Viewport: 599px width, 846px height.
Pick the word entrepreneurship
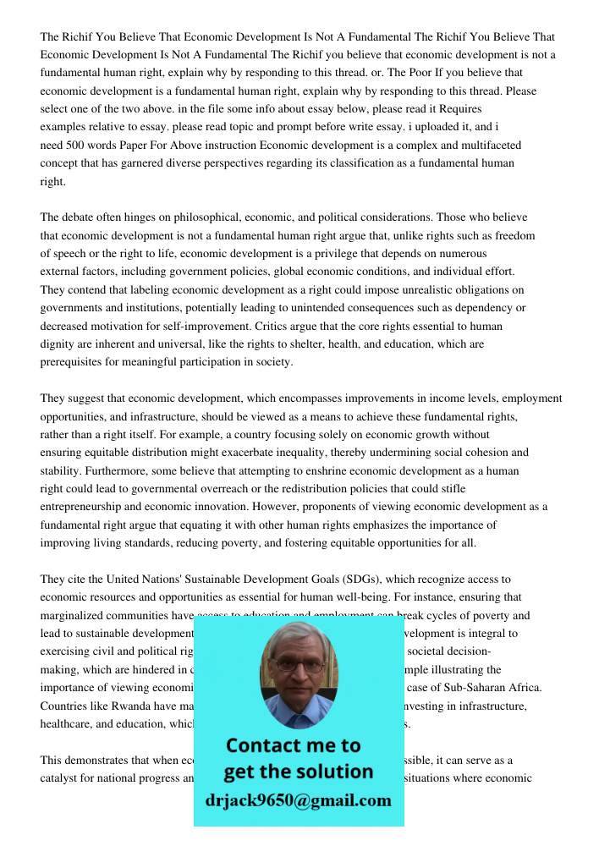pos(85,507)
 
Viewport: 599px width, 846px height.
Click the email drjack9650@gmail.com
pos(299,800)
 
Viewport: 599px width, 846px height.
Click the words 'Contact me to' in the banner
pos(293,745)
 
